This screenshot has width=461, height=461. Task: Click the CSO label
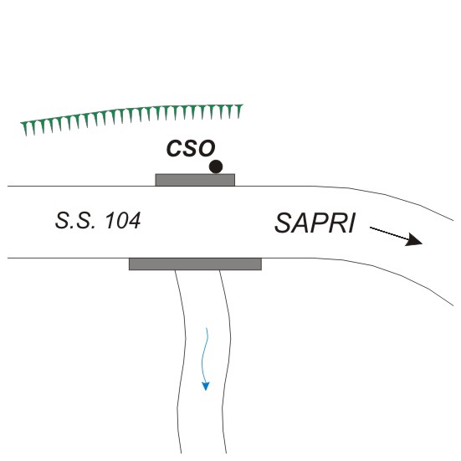pyautogui.click(x=191, y=148)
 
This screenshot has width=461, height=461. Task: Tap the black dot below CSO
pyautogui.click(x=216, y=166)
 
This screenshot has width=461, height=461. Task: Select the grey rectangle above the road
pyautogui.click(x=195, y=180)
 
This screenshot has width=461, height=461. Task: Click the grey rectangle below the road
pyautogui.click(x=195, y=264)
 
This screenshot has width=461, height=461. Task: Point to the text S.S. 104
pyautogui.click(x=98, y=221)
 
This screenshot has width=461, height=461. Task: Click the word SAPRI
pyautogui.click(x=315, y=223)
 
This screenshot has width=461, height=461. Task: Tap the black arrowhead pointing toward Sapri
pyautogui.click(x=414, y=239)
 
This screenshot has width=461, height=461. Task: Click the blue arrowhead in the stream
pyautogui.click(x=206, y=386)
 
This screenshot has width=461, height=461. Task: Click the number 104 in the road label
pyautogui.click(x=123, y=221)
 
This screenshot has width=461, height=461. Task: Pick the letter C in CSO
pyautogui.click(x=174, y=148)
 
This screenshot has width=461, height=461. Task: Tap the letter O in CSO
pyautogui.click(x=207, y=148)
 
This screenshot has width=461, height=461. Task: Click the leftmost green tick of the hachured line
pyautogui.click(x=25, y=128)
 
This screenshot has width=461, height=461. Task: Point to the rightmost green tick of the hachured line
pyautogui.click(x=239, y=111)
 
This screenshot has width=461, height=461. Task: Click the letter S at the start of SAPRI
pyautogui.click(x=283, y=223)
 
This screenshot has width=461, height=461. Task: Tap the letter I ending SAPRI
pyautogui.click(x=351, y=223)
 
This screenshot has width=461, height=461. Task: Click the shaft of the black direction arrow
pyautogui.click(x=388, y=233)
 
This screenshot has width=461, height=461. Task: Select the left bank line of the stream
pyautogui.click(x=181, y=361)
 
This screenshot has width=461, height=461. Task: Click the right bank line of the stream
pyautogui.click(x=226, y=361)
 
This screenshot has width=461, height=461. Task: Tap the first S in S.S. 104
pyautogui.click(x=62, y=221)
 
